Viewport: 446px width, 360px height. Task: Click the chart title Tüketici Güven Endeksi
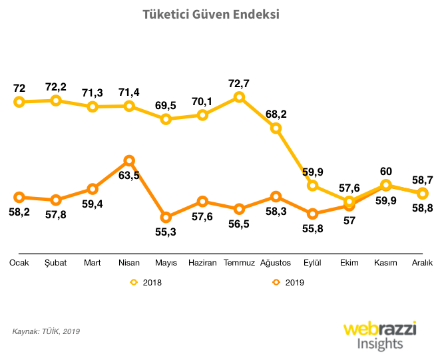[211, 14]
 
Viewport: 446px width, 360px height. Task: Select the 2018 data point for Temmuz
[240, 97]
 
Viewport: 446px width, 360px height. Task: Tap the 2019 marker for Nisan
[129, 160]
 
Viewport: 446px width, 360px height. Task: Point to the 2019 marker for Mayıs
[166, 218]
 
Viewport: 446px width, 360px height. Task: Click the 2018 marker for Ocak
[19, 102]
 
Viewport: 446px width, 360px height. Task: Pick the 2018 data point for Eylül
[313, 186]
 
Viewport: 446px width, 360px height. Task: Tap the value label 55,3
[166, 232]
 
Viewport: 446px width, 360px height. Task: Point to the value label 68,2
[276, 114]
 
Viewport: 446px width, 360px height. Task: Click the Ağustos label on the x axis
[276, 263]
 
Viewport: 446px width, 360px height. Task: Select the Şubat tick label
[56, 263]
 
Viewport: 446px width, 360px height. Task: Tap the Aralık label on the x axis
[423, 263]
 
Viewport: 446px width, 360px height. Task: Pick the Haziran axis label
[203, 263]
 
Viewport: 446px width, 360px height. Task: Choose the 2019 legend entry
[287, 282]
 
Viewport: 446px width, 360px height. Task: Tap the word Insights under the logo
[380, 344]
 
